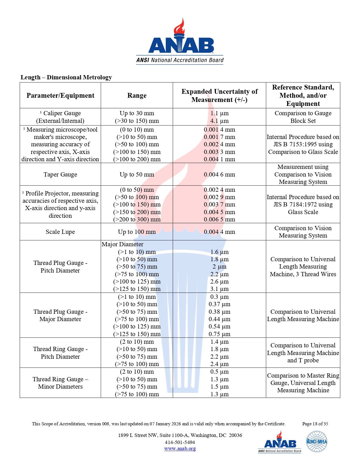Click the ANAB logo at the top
(180, 42)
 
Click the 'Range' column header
(137, 95)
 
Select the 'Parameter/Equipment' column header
(60, 95)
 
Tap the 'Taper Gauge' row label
(60, 175)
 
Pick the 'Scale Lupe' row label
(60, 232)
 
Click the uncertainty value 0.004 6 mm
(219, 175)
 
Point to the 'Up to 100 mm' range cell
(137, 232)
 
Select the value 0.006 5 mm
(219, 219)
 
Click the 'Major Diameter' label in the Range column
(123, 244)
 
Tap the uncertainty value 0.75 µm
(219, 334)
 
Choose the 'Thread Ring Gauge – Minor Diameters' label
(60, 383)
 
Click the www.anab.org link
(180, 448)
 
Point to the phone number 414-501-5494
(180, 442)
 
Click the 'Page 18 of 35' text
(315, 424)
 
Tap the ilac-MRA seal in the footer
(317, 441)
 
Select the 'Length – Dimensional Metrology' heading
(66, 77)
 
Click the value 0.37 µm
(219, 304)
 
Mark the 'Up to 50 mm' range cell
(137, 175)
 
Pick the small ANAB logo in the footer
(280, 442)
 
